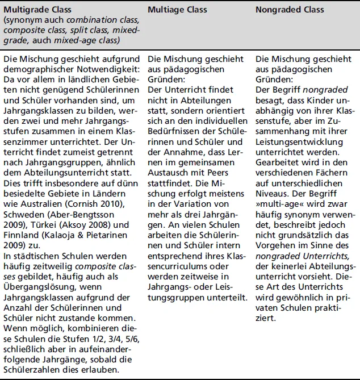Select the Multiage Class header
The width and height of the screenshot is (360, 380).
point(177,10)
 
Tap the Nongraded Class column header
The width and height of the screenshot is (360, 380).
point(290,10)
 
